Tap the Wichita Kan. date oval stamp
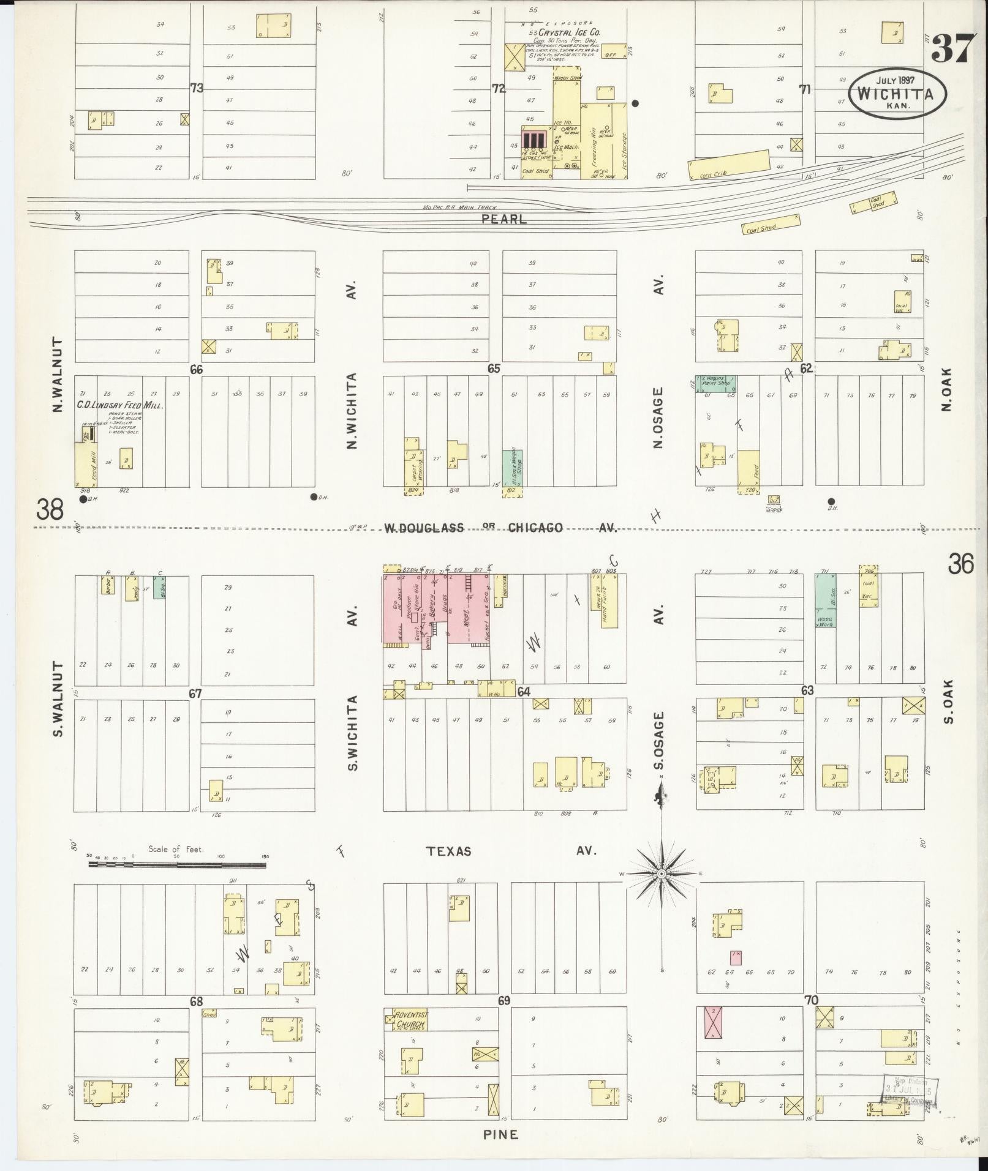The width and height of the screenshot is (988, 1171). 897,93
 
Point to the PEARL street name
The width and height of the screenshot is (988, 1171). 504,219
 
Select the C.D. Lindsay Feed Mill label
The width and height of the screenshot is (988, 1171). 119,405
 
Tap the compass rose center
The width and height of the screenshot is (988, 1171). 662,874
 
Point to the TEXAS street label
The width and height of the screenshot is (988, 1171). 449,851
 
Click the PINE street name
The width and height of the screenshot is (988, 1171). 500,1134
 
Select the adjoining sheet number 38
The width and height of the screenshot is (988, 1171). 50,509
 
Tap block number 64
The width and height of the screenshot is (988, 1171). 524,692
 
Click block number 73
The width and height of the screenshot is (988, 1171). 196,88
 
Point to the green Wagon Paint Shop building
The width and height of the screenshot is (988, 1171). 715,383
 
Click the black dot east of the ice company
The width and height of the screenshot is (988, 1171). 636,103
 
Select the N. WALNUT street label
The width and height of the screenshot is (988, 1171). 59,374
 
